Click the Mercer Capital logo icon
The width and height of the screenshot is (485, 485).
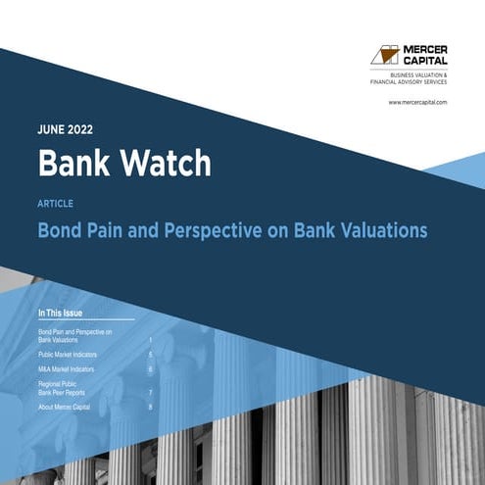click(x=384, y=55)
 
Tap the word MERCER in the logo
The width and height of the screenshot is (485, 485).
click(x=424, y=49)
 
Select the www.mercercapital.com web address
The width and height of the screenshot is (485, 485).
click(x=417, y=102)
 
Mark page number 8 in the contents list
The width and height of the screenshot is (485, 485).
click(x=150, y=407)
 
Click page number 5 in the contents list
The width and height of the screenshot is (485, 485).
click(x=150, y=352)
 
